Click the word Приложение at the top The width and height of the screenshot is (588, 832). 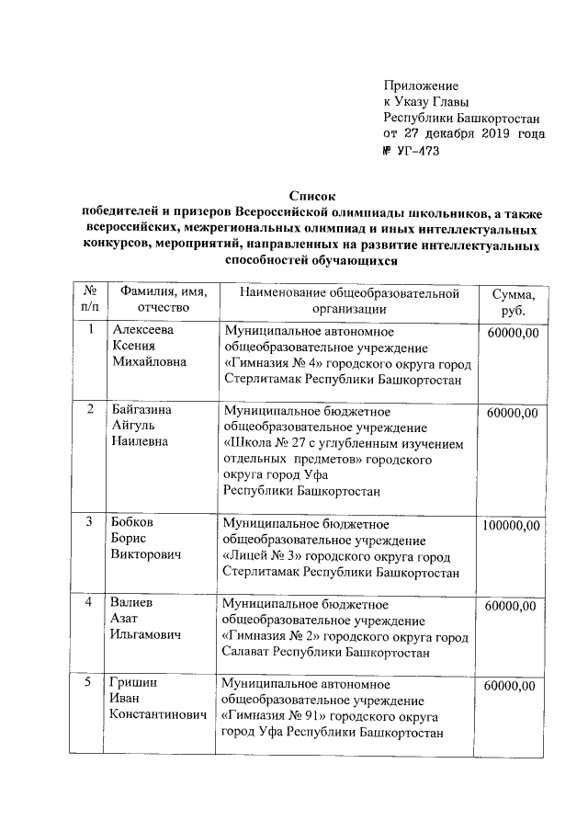421,85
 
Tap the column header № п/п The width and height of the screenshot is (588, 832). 89,300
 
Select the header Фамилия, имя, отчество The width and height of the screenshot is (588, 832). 162,300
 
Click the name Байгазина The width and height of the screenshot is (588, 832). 142,409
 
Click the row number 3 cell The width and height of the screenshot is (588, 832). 88,522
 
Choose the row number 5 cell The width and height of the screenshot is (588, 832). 88,684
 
